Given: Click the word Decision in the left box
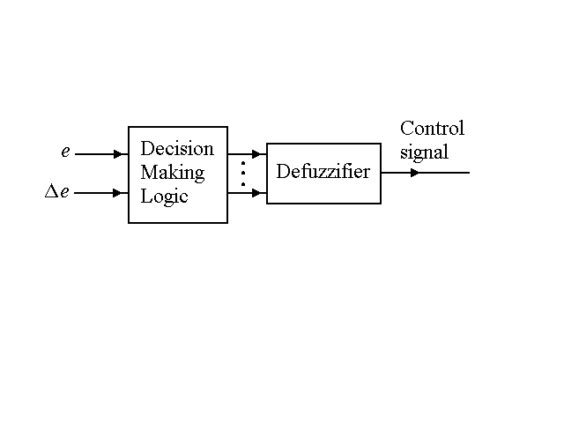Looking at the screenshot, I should (177, 148).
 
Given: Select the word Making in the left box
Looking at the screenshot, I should (173, 172).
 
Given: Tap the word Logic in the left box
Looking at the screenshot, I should (165, 196).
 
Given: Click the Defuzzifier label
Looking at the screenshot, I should (323, 172).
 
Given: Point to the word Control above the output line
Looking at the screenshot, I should (432, 129).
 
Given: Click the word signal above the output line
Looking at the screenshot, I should (424, 152).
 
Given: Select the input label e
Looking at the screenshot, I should (65, 152).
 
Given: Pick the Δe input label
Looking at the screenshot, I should (57, 191).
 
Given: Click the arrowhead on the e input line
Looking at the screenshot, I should (119, 154).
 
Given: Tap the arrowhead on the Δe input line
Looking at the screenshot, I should (119, 191).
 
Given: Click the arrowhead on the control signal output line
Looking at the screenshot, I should (414, 173).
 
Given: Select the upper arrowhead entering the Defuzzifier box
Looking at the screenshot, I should (256, 154).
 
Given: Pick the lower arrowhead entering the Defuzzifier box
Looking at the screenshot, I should (256, 191).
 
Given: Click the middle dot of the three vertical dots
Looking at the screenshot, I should (242, 173).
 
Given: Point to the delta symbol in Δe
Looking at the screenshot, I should (51, 191).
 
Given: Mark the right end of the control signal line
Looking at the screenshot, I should (469, 173).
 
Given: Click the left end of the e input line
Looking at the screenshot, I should (77, 154).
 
